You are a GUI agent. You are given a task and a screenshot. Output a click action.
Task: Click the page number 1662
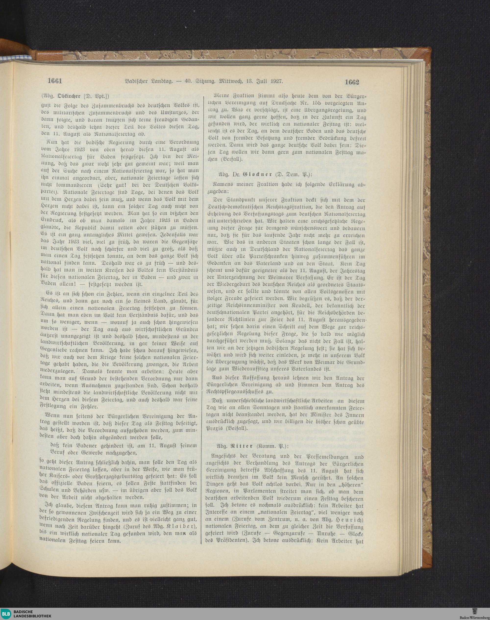352,82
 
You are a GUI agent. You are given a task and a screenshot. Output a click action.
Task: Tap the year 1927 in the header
276,81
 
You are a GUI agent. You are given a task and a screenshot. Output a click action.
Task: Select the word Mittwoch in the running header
231,81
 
